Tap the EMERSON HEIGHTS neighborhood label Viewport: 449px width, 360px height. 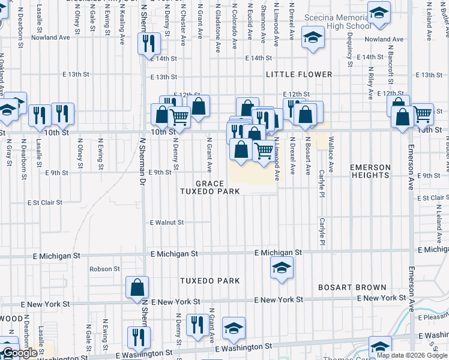click(x=370, y=171)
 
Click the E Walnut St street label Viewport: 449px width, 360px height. click(x=167, y=223)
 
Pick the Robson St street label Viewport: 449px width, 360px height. click(x=105, y=269)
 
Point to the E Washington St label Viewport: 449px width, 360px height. click(x=238, y=347)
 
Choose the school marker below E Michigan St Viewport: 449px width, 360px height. click(x=281, y=268)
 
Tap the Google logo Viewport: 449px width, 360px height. click(x=20, y=353)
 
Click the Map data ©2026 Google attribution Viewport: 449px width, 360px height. click(x=412, y=355)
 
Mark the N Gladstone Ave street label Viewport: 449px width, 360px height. click(x=218, y=29)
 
